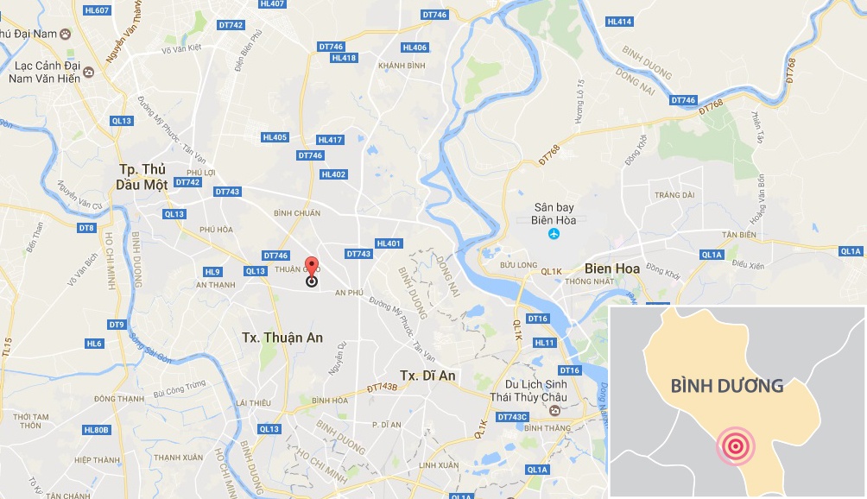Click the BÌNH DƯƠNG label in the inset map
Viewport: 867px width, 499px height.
click(x=727, y=386)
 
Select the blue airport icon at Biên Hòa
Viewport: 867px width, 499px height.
click(x=554, y=234)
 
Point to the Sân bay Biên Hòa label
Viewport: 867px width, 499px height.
click(x=554, y=214)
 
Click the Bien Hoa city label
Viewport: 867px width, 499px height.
click(x=612, y=268)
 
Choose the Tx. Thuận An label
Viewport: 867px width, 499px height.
click(x=282, y=338)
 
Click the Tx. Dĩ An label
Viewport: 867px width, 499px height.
click(x=427, y=376)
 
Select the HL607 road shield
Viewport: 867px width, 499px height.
click(x=98, y=10)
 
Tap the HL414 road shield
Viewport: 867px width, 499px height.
click(x=619, y=22)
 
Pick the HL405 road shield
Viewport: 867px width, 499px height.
click(x=275, y=136)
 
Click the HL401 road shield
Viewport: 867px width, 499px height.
click(x=389, y=243)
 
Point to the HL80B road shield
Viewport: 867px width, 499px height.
click(x=97, y=430)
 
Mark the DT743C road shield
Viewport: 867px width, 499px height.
click(x=512, y=417)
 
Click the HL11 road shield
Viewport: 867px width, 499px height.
click(x=545, y=343)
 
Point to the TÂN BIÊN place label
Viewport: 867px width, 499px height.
click(x=740, y=235)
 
